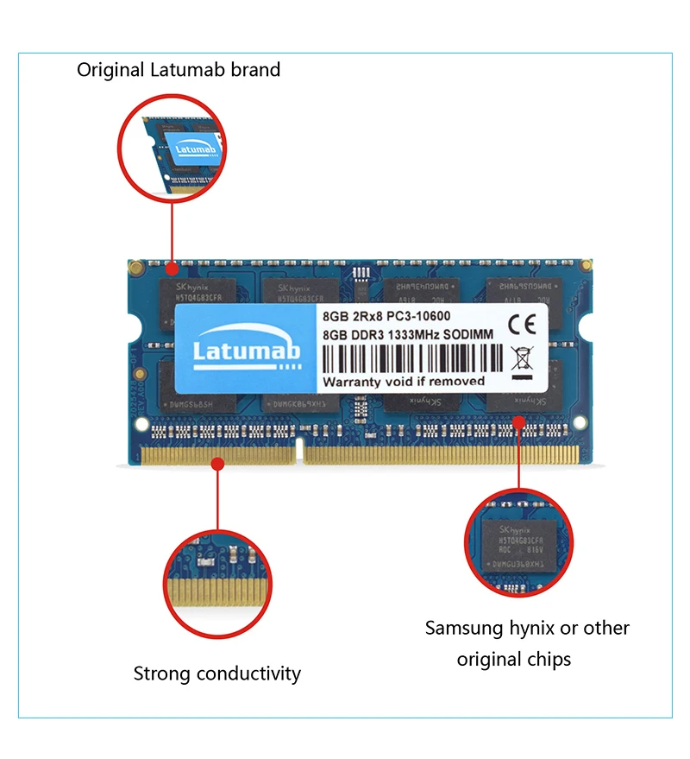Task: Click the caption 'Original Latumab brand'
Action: click(x=179, y=70)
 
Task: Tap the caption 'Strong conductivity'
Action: click(x=216, y=674)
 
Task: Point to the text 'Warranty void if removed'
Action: click(x=404, y=381)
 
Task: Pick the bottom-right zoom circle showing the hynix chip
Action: click(x=518, y=542)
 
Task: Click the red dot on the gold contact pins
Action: click(x=218, y=464)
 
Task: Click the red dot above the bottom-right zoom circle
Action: click(x=519, y=422)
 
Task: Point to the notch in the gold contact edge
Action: click(x=299, y=447)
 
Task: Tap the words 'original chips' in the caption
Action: click(x=514, y=660)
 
